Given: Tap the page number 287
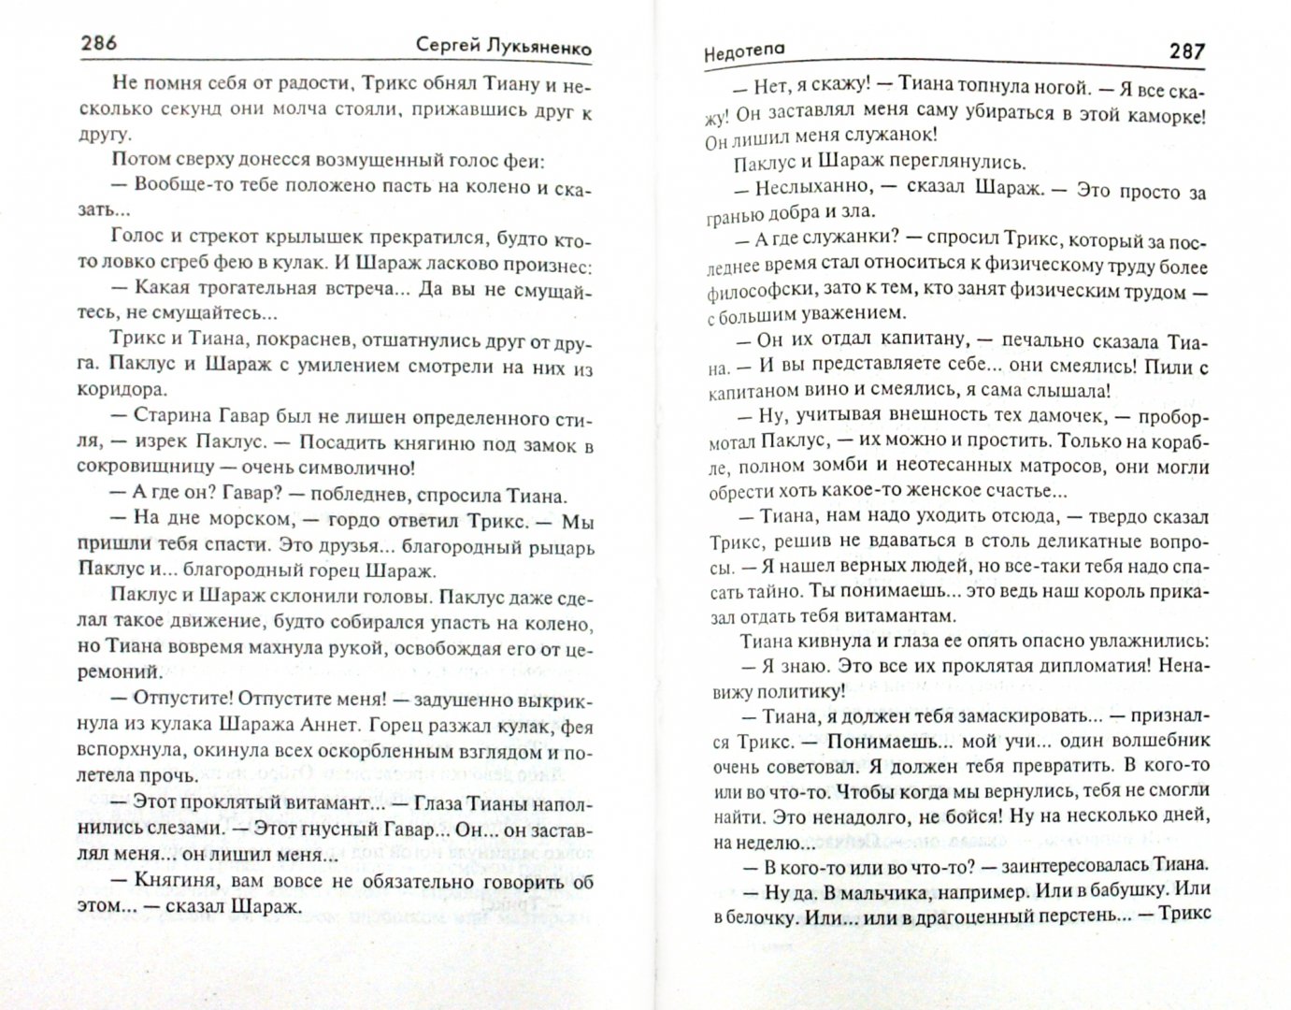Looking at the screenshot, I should pyautogui.click(x=1186, y=52).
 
